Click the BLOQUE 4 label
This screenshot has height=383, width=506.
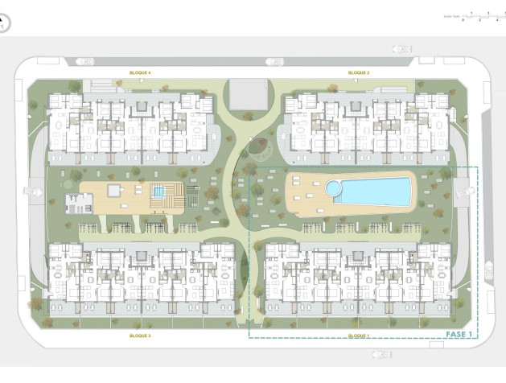click(x=141, y=73)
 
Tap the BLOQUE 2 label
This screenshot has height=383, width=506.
click(x=359, y=73)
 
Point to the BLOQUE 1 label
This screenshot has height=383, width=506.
click(x=359, y=335)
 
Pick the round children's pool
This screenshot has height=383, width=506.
click(x=333, y=187)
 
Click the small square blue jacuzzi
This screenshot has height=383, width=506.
click(x=158, y=191)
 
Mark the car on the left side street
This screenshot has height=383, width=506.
click(x=32, y=191)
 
